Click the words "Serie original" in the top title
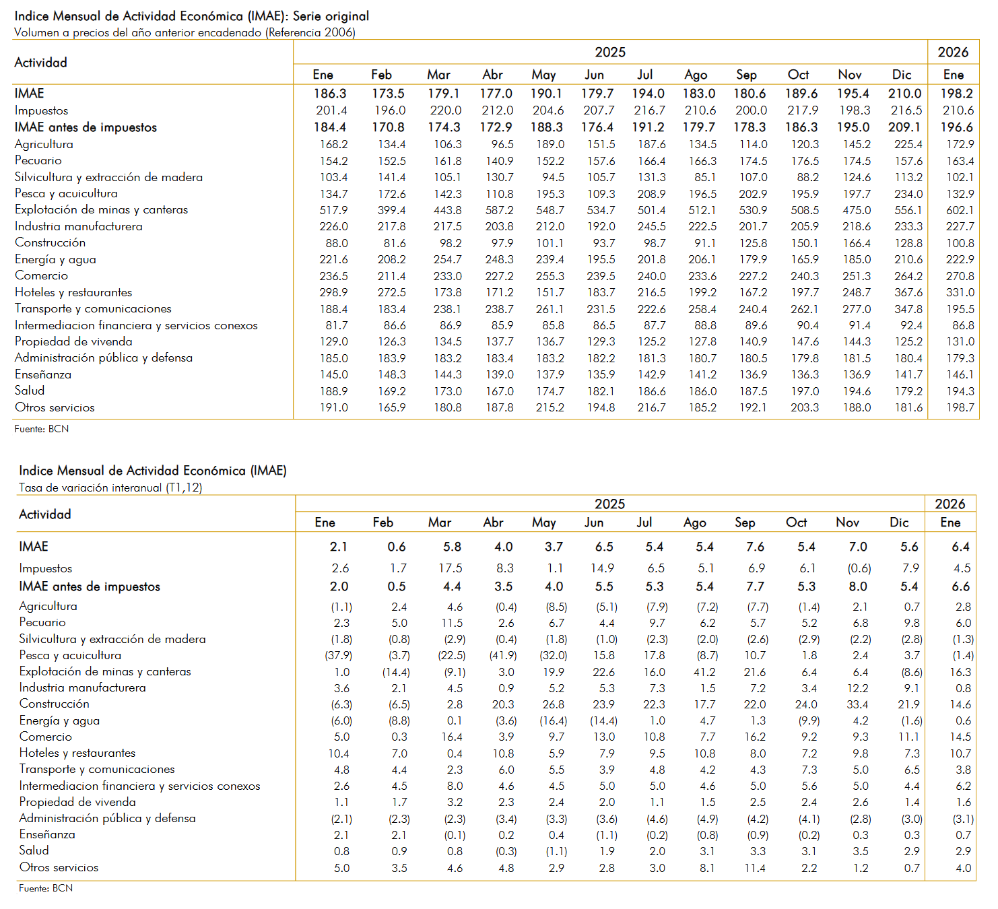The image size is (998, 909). coord(331,16)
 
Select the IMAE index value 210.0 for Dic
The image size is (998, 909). coord(904,94)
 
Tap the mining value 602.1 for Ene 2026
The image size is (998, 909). coord(960,210)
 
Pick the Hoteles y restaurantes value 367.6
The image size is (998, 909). coord(908,292)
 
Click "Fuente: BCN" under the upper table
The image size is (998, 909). coord(42,429)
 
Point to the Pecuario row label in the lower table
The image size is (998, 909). coord(42,622)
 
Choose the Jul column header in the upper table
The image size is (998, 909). coord(645,75)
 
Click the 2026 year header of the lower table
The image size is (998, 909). coord(950,504)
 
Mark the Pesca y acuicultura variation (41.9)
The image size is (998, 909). coord(503,655)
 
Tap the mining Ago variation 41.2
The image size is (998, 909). coord(704,672)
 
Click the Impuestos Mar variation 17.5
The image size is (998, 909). coord(451,568)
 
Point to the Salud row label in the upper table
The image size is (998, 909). coord(30,391)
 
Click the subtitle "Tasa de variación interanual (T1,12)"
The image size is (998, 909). coord(110,487)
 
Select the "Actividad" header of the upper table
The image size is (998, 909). coord(41,63)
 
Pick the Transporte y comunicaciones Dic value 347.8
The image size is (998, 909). coord(908,309)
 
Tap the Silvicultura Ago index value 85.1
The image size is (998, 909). coord(705,177)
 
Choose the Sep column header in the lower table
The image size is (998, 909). coord(745,523)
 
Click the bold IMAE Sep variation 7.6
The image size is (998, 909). coord(755,547)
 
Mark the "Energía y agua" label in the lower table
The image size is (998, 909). coord(59,720)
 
